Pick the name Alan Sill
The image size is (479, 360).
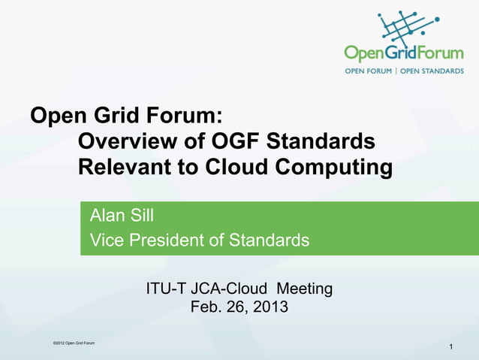(x=122, y=216)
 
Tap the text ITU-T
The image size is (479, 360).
(x=167, y=288)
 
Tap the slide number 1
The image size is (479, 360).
(x=450, y=346)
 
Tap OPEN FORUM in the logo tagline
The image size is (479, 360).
(x=369, y=71)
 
